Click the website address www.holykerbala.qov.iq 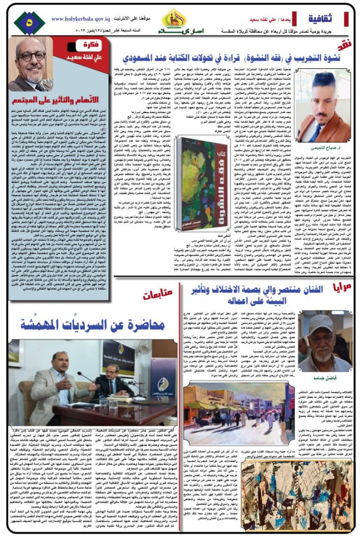80,19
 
